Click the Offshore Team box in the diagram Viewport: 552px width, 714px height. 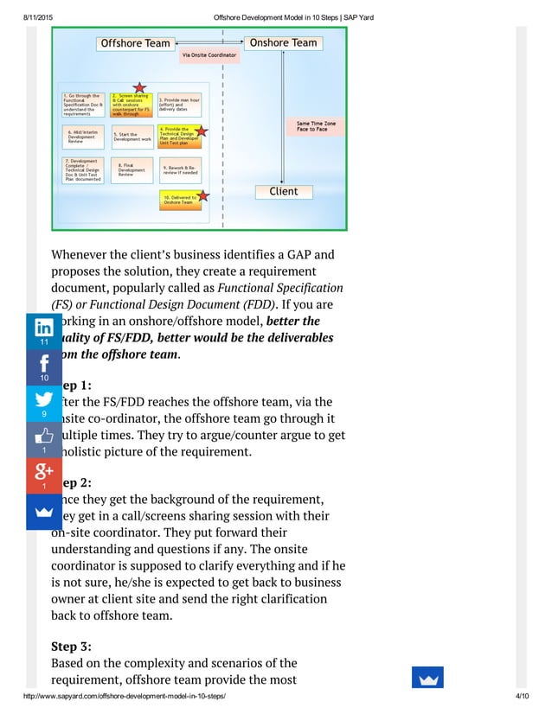coord(135,43)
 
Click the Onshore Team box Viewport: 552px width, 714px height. coord(283,43)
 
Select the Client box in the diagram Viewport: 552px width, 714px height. coord(284,192)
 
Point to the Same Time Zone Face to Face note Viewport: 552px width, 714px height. coord(317,126)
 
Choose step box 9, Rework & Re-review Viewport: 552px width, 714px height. coord(180,169)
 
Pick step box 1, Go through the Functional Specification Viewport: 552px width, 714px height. coord(83,104)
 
